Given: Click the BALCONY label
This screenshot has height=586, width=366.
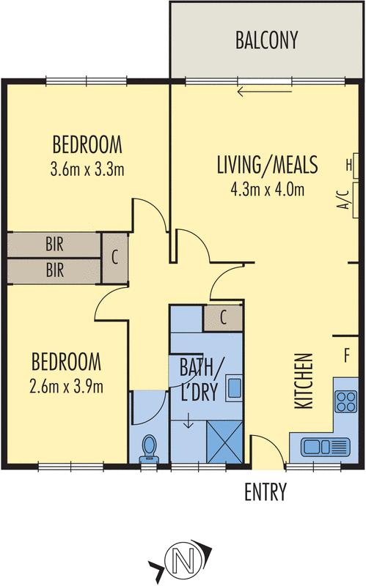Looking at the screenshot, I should pyautogui.click(x=267, y=40).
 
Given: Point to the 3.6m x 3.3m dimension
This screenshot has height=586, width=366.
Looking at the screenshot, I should pyautogui.click(x=87, y=169).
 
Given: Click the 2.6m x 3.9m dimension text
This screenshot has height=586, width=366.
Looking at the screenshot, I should pyautogui.click(x=67, y=386).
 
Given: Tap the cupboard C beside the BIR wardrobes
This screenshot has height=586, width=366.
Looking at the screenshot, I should pyautogui.click(x=114, y=258).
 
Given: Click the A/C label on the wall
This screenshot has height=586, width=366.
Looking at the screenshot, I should pyautogui.click(x=341, y=199).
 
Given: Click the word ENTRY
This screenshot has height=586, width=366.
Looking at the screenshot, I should pyautogui.click(x=265, y=492).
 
